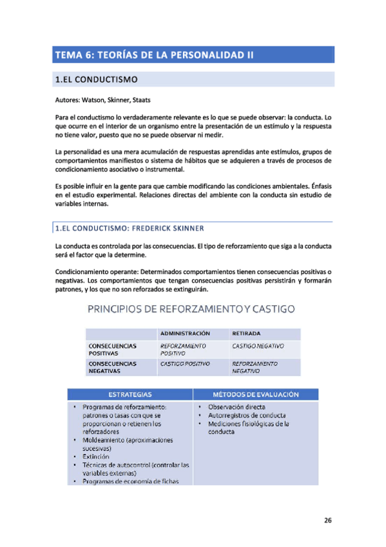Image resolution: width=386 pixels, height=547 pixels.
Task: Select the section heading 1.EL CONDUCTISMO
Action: pos(96,80)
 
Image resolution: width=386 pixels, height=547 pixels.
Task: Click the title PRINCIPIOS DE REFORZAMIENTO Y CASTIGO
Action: pos(191,310)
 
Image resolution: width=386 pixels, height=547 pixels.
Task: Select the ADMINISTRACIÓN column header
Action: pos(186,333)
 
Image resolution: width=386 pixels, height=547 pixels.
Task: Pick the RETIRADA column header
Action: pos(246,333)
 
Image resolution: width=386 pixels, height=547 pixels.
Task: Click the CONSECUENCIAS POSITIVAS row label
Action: pos(113,350)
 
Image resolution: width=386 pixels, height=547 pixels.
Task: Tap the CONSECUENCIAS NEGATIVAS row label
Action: pos(113,368)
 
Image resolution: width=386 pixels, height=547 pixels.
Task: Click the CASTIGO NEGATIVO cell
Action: pos(258,346)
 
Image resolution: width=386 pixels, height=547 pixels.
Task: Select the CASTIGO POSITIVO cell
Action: pos(185,364)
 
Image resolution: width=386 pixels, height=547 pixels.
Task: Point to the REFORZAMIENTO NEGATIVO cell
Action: pos(255,368)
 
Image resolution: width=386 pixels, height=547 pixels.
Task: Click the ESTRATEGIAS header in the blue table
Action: pos(130,394)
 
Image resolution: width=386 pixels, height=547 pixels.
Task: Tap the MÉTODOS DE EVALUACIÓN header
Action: pos(255,394)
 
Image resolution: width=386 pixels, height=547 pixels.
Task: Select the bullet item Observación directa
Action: pos(236,407)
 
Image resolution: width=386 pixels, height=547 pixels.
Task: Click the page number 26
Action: pos(327,520)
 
